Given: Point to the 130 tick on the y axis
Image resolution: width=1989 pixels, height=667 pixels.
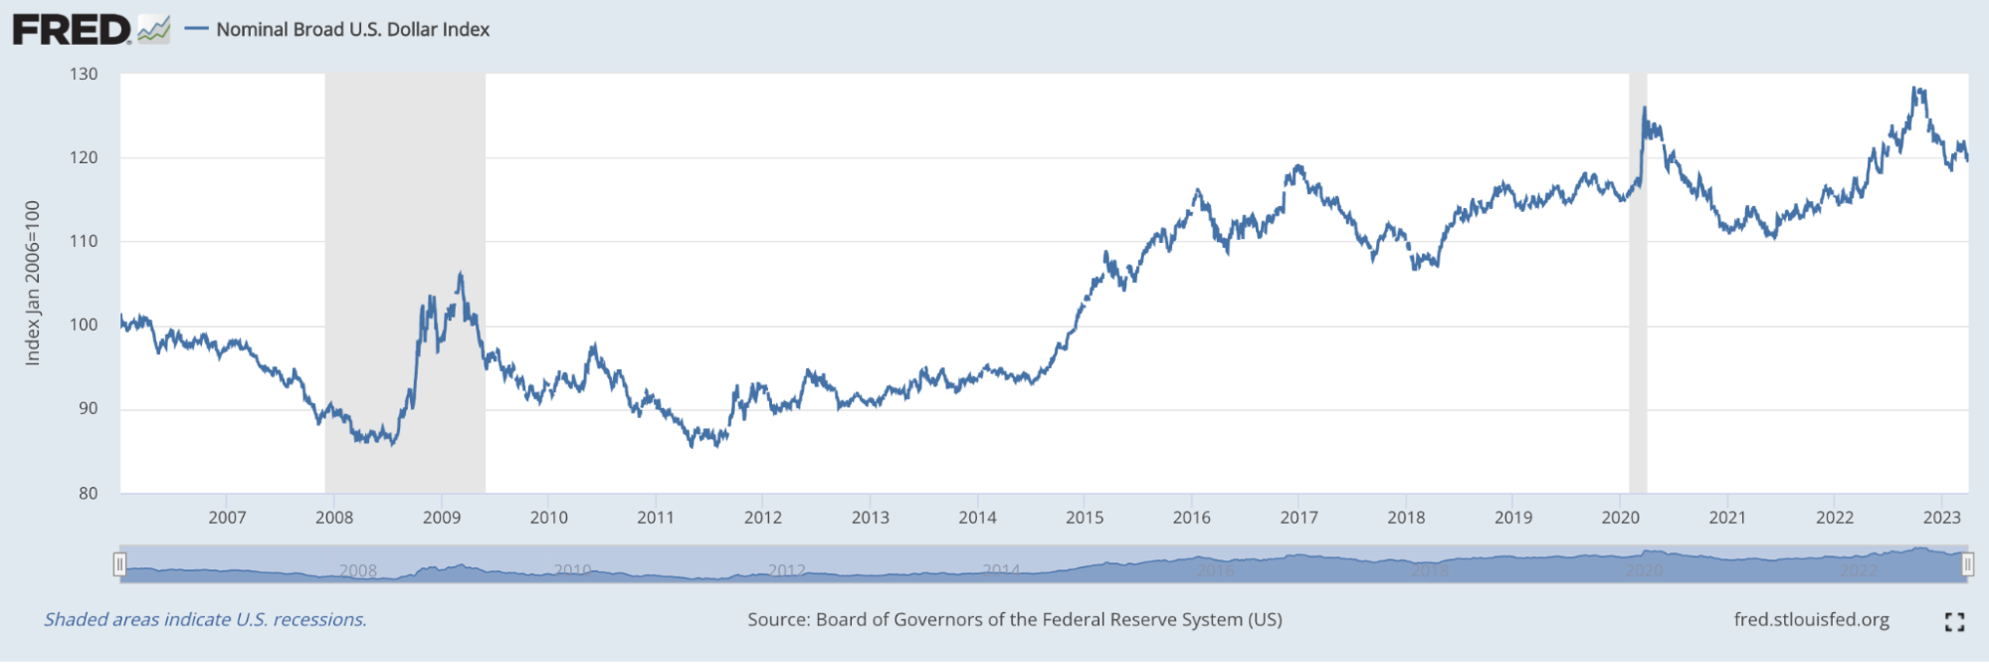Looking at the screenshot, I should click(85, 74).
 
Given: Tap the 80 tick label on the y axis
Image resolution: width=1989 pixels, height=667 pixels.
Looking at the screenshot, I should click(88, 493).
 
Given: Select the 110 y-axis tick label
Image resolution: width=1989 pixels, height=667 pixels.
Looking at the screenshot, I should click(85, 241).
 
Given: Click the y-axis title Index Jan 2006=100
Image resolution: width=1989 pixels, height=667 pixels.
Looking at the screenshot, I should click(33, 283).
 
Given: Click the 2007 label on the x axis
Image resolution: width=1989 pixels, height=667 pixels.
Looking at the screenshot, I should click(227, 518).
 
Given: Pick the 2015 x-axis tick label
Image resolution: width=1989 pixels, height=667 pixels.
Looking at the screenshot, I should click(1085, 518).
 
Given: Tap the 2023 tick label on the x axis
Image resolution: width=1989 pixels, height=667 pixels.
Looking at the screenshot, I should click(1941, 518).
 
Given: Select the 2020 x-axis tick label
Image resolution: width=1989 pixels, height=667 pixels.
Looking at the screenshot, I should click(1620, 518).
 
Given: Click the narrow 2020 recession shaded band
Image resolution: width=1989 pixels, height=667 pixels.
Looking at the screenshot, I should click(1638, 299).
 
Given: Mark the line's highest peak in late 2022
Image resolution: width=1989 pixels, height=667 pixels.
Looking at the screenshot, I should click(1916, 89).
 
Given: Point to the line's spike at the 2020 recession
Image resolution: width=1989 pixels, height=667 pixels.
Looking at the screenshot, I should click(1645, 108).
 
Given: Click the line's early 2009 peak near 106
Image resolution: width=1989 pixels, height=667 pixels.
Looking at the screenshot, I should click(460, 273).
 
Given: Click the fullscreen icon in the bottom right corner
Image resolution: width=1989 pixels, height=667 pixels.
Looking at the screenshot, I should click(1954, 621).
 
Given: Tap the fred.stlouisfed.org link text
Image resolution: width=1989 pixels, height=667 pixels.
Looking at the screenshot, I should click(1811, 619).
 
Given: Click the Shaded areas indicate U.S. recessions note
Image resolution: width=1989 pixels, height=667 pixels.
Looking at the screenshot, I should click(205, 619).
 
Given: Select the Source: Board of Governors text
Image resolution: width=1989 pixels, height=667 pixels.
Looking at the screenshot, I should click(1015, 619).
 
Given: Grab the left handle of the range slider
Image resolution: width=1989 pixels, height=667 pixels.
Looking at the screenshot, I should click(119, 564).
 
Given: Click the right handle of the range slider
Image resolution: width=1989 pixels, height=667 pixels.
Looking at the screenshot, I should click(1967, 564).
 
